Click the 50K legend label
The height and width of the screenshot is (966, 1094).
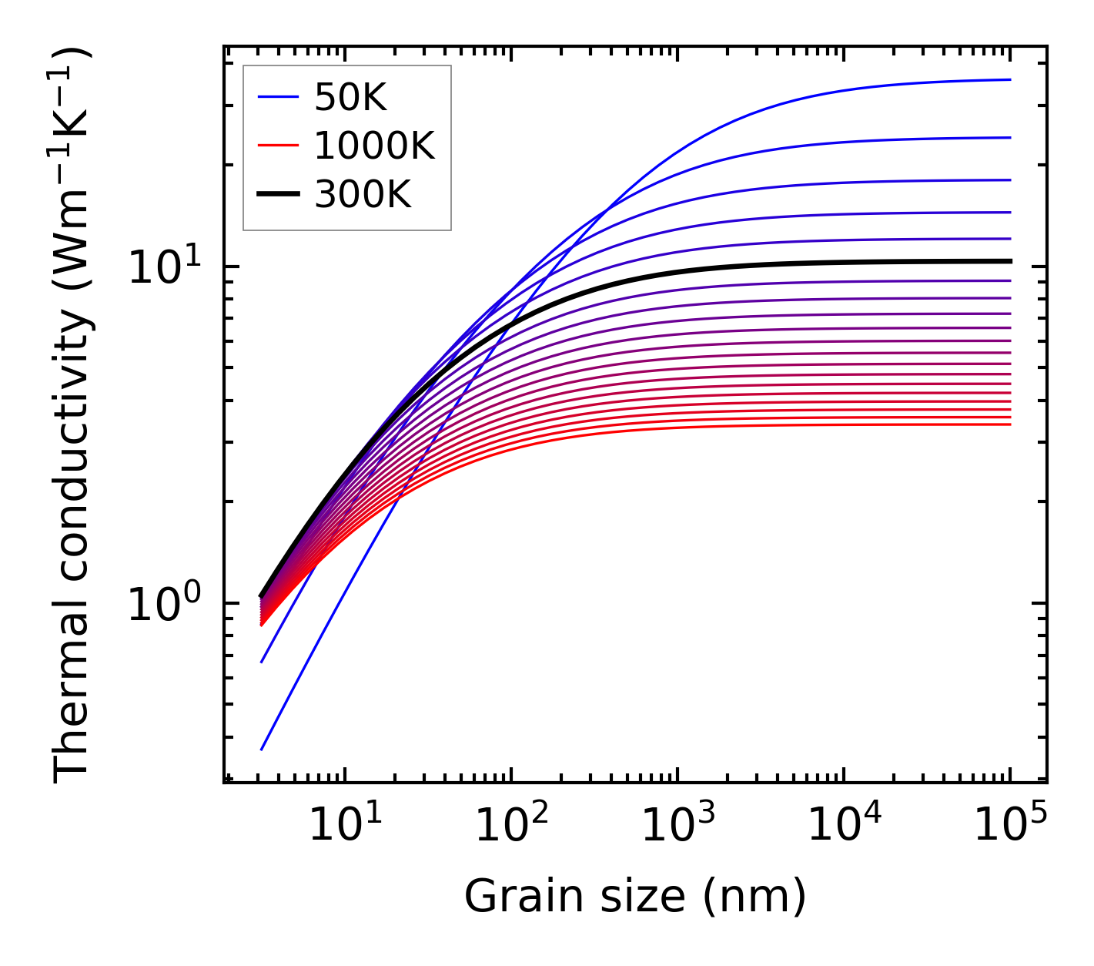[x=350, y=98]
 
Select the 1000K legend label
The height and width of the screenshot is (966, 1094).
[x=374, y=146]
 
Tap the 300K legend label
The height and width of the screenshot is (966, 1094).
[x=363, y=195]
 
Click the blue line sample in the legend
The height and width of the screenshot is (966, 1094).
[x=277, y=97]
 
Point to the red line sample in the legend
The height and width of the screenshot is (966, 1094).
[x=277, y=146]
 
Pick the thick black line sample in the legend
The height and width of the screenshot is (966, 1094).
[x=277, y=195]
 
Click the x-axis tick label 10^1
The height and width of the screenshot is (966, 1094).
[x=344, y=825]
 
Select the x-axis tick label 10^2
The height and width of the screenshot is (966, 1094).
[x=510, y=825]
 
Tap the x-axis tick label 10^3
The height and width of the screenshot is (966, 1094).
[x=677, y=825]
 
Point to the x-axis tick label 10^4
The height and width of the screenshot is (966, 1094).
[x=844, y=825]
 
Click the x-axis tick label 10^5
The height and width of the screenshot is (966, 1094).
[x=1010, y=825]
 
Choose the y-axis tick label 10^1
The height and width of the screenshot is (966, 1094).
[x=162, y=267]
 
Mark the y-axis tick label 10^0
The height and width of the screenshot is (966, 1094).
[x=162, y=604]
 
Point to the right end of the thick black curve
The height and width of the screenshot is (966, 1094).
[x=1009, y=261]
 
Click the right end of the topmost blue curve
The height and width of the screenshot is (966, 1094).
[x=1009, y=79]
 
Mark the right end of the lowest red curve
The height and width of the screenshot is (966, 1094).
[x=1009, y=424]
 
